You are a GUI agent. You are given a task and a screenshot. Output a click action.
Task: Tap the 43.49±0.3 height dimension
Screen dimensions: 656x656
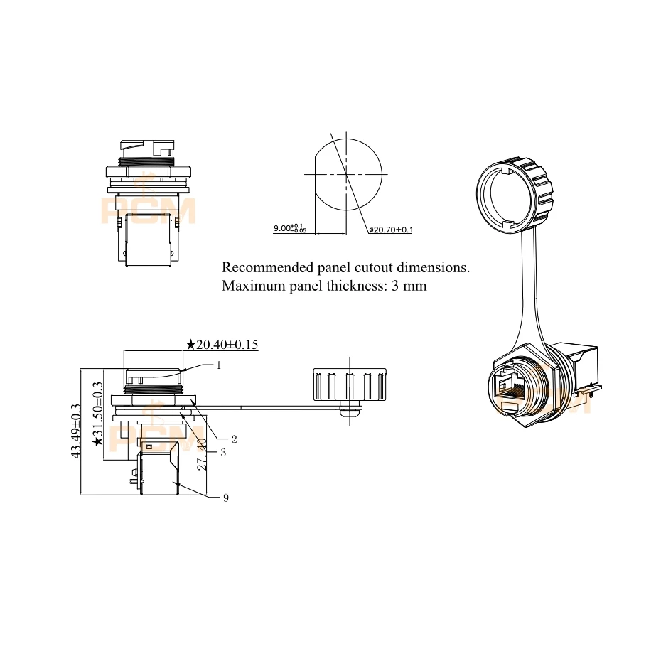tap(76, 431)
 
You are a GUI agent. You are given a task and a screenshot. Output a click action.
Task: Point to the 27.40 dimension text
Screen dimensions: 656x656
tap(202, 454)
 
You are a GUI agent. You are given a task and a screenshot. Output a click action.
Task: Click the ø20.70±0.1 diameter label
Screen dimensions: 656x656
tap(391, 230)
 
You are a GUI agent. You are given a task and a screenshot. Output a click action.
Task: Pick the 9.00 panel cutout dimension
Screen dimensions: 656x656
tap(290, 228)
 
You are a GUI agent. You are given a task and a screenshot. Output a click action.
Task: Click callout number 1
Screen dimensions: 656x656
tap(218, 365)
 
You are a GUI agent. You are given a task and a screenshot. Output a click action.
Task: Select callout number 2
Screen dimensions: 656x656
tap(234, 439)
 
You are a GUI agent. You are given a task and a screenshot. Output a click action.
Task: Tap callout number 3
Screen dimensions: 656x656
tap(223, 452)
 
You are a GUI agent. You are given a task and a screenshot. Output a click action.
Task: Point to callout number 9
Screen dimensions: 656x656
tap(226, 498)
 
